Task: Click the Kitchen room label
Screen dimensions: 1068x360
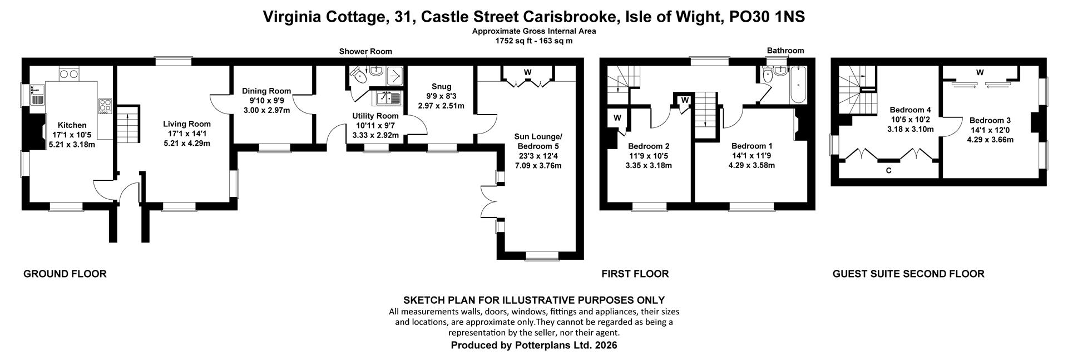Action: coord(72,125)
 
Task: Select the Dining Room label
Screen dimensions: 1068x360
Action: coord(267,91)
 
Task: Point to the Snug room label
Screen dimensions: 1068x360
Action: coord(441,86)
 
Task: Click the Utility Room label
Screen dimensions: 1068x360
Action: coord(375,116)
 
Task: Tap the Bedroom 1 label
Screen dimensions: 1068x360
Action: coord(751,146)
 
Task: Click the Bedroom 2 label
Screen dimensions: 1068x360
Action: coord(649,146)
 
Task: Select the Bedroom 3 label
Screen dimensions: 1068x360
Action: coord(990,120)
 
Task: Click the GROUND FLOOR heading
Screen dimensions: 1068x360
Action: coord(65,274)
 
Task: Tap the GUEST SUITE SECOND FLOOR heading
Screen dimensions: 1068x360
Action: coord(908,274)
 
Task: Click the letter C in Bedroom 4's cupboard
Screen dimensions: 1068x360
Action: coord(888,171)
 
